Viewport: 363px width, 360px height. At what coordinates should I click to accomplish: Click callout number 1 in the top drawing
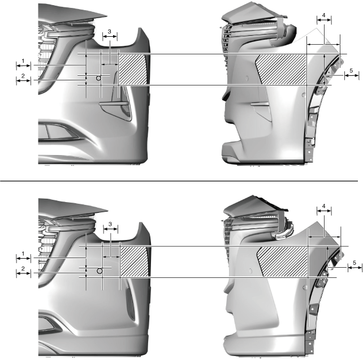[23, 61]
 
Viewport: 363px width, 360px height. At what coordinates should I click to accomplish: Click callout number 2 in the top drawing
[23, 76]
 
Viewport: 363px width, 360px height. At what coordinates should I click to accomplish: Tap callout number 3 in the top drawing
[110, 31]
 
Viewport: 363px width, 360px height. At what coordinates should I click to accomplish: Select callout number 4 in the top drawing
[323, 15]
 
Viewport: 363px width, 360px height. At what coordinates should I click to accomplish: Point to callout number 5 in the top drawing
[351, 70]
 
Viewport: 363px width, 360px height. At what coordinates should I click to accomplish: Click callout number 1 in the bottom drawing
[23, 254]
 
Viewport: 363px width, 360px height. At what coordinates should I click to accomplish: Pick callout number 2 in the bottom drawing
[23, 269]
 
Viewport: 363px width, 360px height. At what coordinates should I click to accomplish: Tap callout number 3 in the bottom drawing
[110, 224]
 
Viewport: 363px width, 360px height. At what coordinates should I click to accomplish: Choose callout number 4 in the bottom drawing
[323, 206]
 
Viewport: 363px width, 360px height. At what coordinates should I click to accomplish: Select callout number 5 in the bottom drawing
[355, 263]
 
